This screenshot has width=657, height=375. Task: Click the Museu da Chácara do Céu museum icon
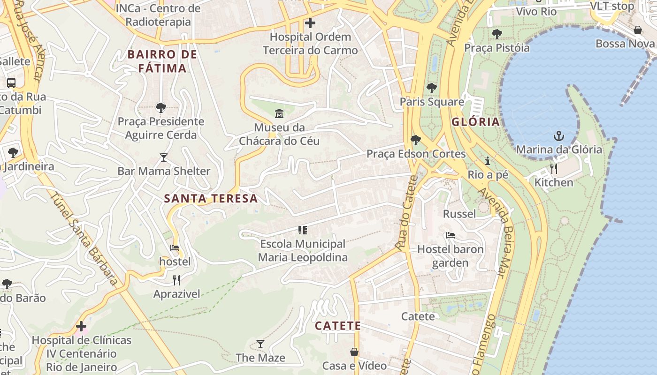[279, 113]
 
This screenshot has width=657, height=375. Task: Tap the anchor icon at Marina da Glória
[558, 136]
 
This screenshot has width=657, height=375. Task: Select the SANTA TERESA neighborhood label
[211, 198]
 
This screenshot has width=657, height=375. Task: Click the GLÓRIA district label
[475, 122]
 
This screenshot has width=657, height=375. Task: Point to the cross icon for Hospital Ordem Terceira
[310, 22]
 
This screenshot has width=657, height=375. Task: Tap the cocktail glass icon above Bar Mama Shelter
[163, 157]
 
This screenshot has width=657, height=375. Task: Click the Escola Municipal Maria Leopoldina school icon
[303, 230]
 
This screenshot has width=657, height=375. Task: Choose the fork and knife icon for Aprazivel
[176, 280]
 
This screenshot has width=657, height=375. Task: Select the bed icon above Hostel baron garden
[451, 235]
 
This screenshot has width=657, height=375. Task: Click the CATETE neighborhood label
[338, 326]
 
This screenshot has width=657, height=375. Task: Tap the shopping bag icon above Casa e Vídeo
[354, 352]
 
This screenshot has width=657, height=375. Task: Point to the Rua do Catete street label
[406, 213]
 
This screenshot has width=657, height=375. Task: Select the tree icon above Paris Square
[431, 88]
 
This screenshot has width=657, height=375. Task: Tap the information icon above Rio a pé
[488, 161]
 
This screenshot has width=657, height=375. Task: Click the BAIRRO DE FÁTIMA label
[162, 61]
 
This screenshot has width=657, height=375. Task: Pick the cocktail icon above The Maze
[260, 344]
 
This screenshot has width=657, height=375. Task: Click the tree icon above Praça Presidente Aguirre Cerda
[160, 108]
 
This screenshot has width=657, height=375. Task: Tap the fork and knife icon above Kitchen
[554, 168]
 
